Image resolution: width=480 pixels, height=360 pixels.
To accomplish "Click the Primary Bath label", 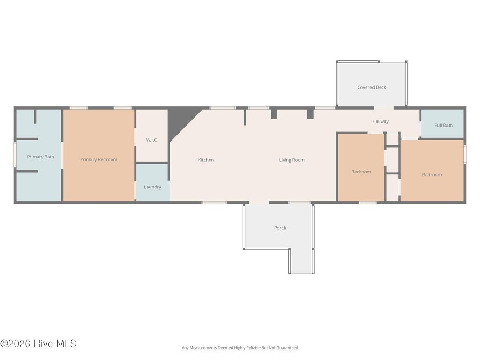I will tap(40, 157).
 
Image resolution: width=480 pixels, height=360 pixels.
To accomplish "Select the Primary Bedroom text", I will tap(98, 159).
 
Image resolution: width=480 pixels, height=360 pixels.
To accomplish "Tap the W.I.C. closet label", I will tap(151, 140).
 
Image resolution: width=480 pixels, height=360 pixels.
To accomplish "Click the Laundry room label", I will tap(152, 187).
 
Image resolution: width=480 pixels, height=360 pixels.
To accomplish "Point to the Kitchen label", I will tap(206, 160).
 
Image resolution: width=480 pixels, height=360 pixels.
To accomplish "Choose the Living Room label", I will tap(292, 160).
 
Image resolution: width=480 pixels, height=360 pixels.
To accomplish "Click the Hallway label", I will tap(380, 121).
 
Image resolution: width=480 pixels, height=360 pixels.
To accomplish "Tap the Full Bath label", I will tap(443, 125).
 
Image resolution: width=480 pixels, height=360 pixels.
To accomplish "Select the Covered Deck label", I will tap(371, 87).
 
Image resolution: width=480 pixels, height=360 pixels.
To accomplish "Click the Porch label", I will tap(280, 228).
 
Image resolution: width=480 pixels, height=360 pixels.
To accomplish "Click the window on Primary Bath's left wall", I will tap(15, 155).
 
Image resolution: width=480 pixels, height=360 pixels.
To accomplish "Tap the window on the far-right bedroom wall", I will tap(465, 154).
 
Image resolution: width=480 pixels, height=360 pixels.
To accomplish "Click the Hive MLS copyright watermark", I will tap(38, 344).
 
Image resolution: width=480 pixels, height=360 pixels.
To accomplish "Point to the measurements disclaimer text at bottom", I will tap(240, 348).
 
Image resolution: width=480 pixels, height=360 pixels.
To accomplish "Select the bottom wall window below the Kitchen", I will tap(214, 202).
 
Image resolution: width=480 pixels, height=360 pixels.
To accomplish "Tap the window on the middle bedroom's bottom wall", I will tap(367, 202).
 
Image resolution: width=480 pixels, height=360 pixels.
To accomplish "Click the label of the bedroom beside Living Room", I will tap(361, 172).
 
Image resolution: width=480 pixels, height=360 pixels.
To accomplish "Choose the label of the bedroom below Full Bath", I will tap(432, 175).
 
